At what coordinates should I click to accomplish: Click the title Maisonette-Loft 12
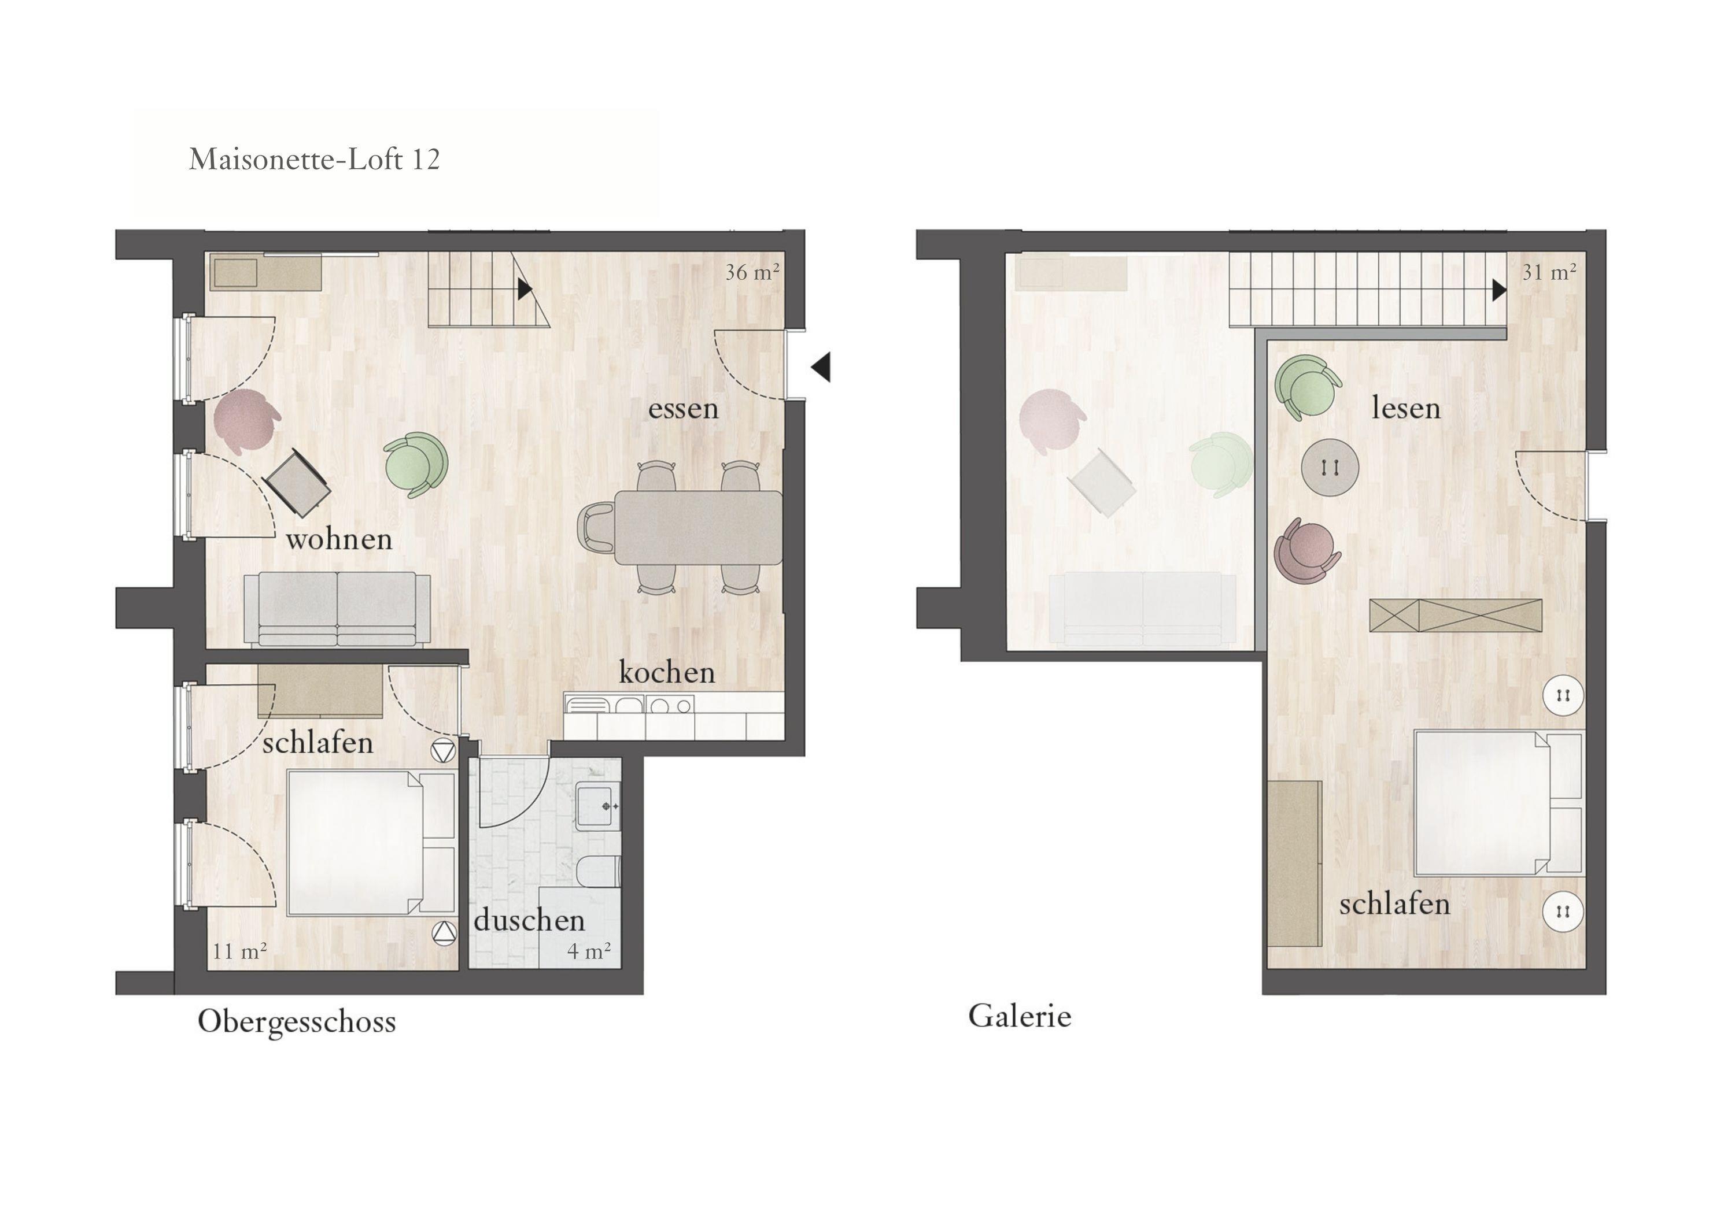[x=315, y=160]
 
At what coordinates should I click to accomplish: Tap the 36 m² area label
[x=752, y=272]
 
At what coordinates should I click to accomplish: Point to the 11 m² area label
[x=239, y=951]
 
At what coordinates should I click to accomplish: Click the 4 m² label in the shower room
[x=589, y=950]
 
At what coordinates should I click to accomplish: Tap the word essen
[x=683, y=409]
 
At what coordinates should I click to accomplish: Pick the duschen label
[x=530, y=920]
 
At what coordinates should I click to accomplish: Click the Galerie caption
[x=1020, y=1016]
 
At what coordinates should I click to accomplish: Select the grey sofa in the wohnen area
[x=337, y=609]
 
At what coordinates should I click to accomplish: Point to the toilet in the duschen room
[x=599, y=871]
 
